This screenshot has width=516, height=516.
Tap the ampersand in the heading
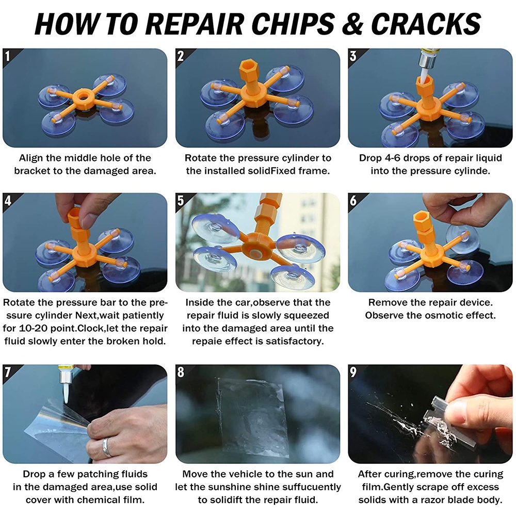coord(352,24)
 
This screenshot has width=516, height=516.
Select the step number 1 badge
coord(7,56)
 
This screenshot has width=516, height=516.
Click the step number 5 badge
coord(180,200)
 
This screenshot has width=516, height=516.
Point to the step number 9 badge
coord(353,372)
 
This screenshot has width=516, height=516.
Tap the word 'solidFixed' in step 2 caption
coord(267,171)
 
